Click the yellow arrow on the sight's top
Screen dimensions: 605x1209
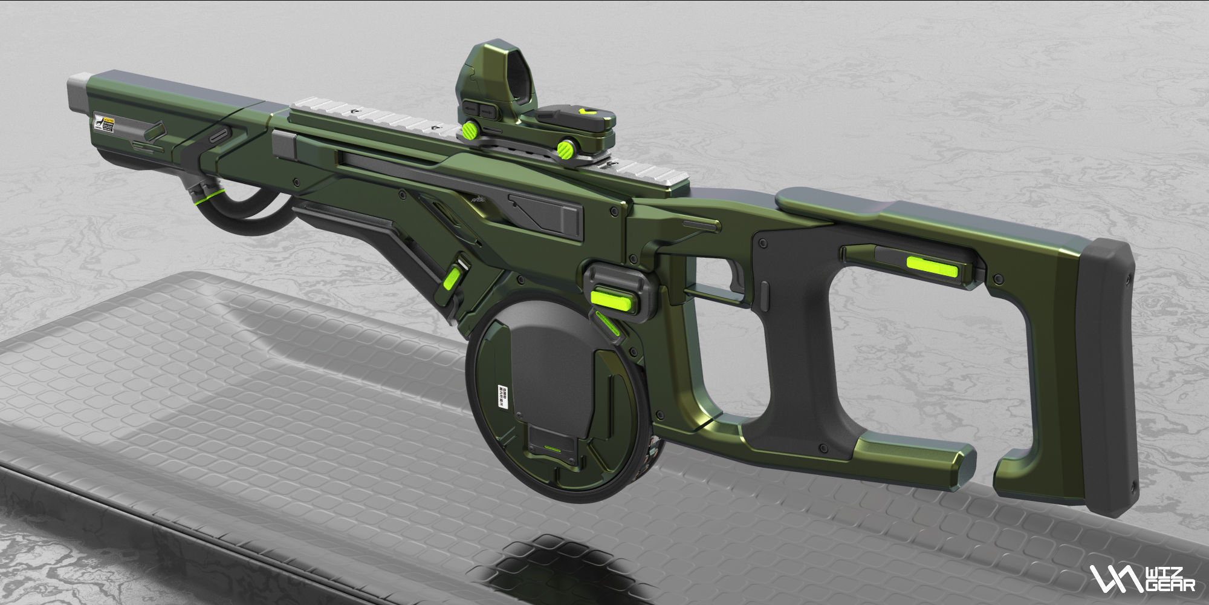pyautogui.click(x=585, y=113)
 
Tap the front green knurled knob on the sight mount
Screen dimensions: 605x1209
pyautogui.click(x=470, y=129)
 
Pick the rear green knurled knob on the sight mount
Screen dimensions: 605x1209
pyautogui.click(x=566, y=148)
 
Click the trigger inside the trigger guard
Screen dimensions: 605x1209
pyautogui.click(x=738, y=279)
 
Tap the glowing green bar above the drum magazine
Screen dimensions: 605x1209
pyautogui.click(x=611, y=298)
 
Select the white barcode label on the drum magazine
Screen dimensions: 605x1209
pyautogui.click(x=501, y=396)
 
